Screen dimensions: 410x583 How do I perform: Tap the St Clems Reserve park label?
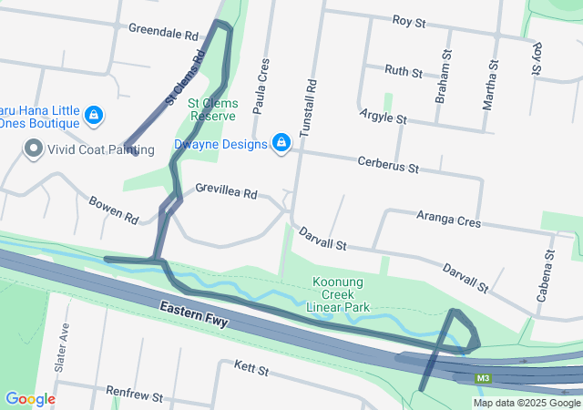pyautogui.click(x=212, y=109)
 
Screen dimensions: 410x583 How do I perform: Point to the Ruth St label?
pyautogui.click(x=404, y=70)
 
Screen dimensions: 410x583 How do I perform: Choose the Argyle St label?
pyautogui.click(x=384, y=118)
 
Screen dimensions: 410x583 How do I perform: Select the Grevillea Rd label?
pyautogui.click(x=227, y=192)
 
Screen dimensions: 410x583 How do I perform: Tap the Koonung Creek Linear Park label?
pyautogui.click(x=340, y=294)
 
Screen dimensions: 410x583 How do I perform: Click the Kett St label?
pyautogui.click(x=251, y=368)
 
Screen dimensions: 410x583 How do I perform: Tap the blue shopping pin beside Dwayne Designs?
pyautogui.click(x=281, y=143)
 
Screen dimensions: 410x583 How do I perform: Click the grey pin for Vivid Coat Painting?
pyautogui.click(x=34, y=148)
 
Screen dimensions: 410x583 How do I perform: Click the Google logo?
pyautogui.click(x=30, y=398)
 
